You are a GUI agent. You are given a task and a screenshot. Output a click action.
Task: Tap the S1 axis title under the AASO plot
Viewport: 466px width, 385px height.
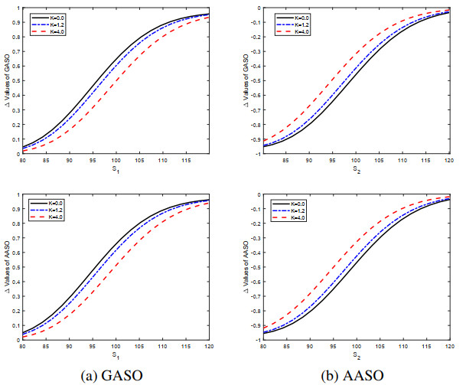(x=114, y=357)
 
